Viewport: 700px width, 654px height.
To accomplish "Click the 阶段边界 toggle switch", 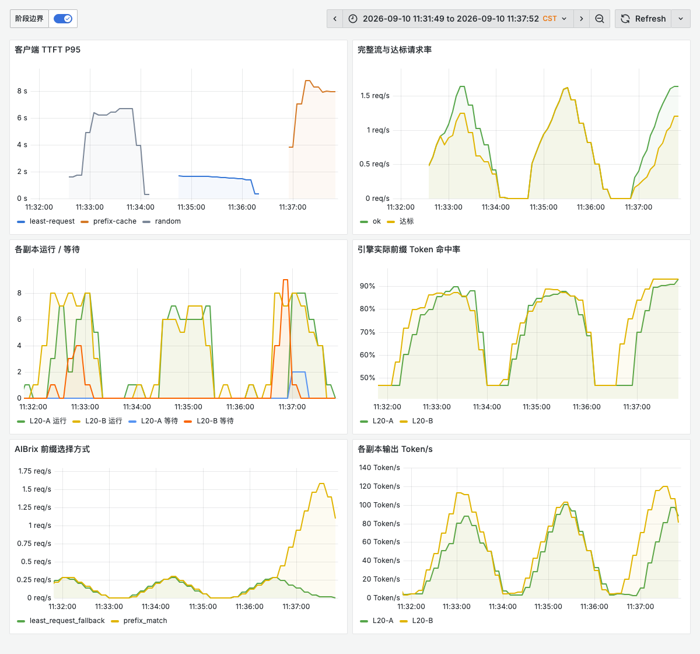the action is (x=63, y=19).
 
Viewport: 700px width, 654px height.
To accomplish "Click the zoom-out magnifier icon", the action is (x=599, y=19).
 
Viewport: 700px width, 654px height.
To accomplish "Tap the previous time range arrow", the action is (x=335, y=19).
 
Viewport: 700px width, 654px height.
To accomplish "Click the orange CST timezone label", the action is (x=549, y=19).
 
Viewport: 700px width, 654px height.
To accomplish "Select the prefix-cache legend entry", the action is (x=108, y=221).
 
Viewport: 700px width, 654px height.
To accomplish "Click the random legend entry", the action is (x=162, y=221).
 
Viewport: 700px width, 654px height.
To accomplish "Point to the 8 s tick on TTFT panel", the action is (x=22, y=91).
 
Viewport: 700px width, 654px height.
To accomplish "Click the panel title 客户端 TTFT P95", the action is (x=48, y=50).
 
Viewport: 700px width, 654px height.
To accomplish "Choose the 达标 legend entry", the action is (x=400, y=221).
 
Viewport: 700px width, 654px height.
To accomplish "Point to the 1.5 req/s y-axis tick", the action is (x=374, y=96).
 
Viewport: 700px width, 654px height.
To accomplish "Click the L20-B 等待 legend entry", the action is (x=209, y=420).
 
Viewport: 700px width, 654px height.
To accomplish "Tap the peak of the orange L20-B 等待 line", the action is (x=285, y=280).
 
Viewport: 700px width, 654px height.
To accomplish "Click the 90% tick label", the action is (x=367, y=286).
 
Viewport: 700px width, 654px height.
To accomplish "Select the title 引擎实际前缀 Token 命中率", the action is (x=409, y=249).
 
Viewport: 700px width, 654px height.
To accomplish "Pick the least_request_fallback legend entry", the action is (x=61, y=621).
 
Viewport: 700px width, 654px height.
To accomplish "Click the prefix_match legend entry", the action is (x=139, y=621).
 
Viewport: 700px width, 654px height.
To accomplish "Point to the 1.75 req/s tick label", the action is (x=34, y=471).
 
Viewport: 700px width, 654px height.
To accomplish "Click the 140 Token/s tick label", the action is (x=379, y=468).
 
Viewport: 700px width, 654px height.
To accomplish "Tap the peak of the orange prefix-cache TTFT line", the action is (x=307, y=81).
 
